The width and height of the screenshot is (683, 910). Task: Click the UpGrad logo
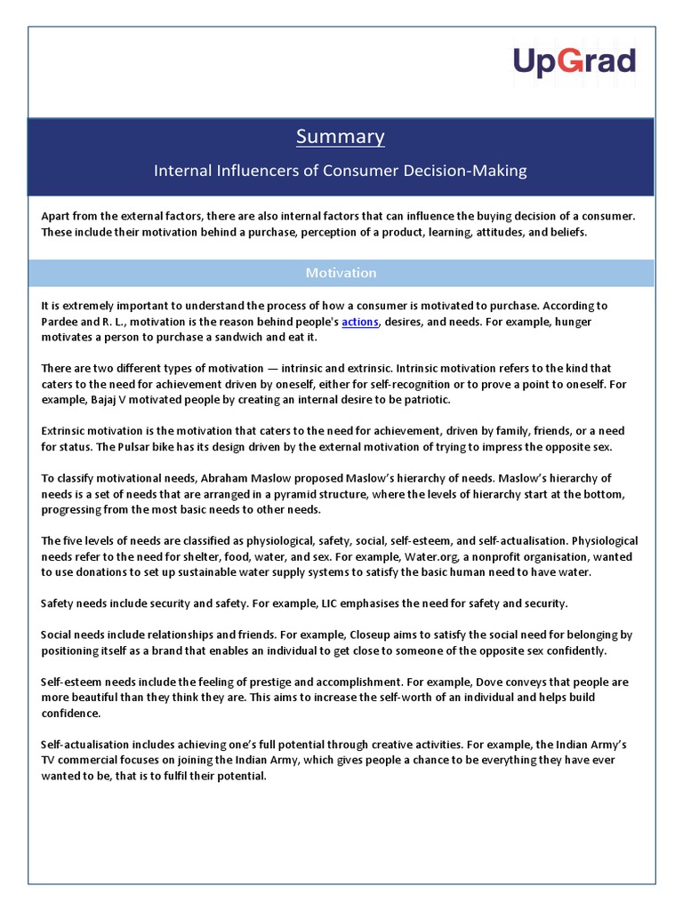pos(574,62)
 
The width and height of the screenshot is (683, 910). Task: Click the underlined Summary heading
pos(341,136)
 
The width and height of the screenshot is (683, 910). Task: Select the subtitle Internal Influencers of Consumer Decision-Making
pos(341,170)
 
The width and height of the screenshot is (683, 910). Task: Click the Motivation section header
pos(341,273)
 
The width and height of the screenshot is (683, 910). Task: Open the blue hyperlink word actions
pos(360,322)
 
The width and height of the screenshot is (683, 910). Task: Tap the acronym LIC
pos(331,604)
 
